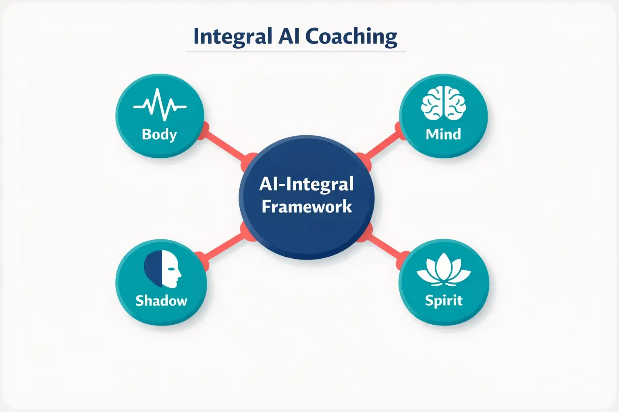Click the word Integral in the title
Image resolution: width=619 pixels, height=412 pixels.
click(233, 37)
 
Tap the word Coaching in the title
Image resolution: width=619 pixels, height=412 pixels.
click(351, 37)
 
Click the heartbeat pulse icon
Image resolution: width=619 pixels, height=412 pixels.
click(160, 105)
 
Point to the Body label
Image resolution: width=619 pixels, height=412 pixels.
click(160, 134)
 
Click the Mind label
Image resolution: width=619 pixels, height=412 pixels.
click(443, 134)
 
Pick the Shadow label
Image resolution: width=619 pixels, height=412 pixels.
click(161, 301)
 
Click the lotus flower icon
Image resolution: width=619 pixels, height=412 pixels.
click(443, 269)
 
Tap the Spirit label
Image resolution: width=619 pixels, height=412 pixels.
click(444, 301)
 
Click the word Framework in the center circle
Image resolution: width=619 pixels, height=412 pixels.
click(307, 207)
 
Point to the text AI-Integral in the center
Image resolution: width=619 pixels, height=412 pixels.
click(306, 184)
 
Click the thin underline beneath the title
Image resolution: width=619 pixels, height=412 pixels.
click(296, 52)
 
